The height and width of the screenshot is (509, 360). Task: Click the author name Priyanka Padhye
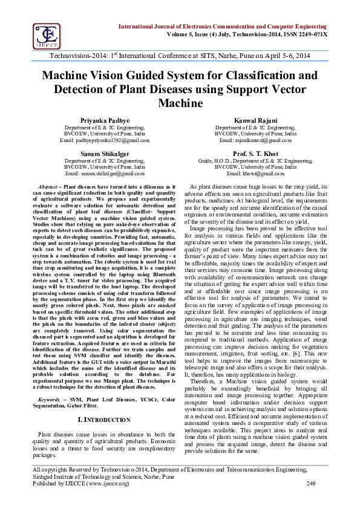[x=105, y=121]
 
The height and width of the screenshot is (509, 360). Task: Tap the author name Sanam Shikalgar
[x=105, y=154]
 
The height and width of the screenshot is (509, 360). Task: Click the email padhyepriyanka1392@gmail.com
[x=105, y=140]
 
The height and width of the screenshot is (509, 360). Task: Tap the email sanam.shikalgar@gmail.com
[x=105, y=173]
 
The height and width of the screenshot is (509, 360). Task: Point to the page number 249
[x=312, y=483]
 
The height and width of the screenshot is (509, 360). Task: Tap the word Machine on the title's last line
[x=180, y=103]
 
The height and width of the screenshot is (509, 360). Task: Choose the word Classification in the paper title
[x=232, y=76]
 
